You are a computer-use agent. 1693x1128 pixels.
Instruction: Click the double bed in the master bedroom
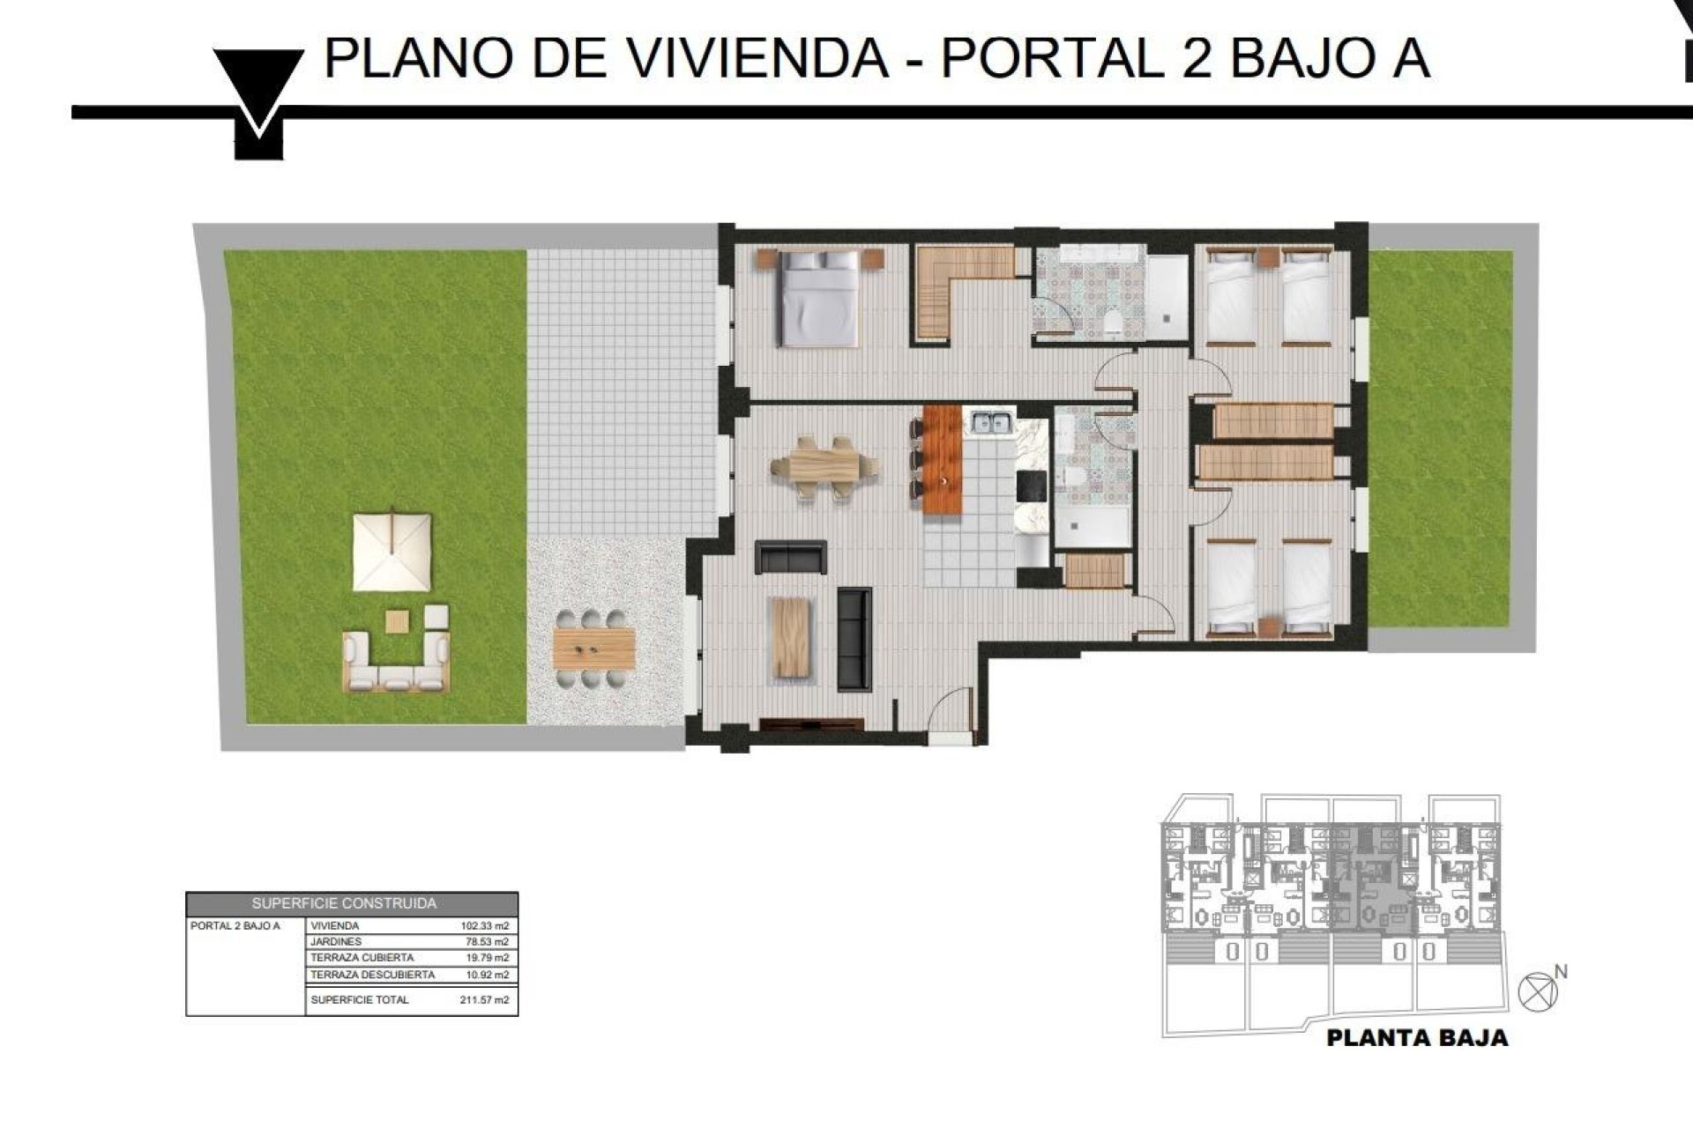point(819,297)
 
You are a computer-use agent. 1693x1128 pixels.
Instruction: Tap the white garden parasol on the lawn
point(392,552)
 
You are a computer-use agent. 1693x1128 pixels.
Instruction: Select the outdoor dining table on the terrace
point(594,649)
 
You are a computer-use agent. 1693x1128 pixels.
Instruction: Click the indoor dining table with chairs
point(824,466)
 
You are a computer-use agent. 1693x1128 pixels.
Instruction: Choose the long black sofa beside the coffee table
point(854,639)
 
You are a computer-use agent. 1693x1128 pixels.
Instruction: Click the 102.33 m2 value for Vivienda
point(484,926)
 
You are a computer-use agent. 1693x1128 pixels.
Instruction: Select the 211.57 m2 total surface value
point(484,1000)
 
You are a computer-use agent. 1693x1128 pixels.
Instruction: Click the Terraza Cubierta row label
point(362,958)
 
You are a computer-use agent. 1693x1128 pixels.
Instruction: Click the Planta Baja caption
point(1417,1038)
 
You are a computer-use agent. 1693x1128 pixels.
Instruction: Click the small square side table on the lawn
point(398,620)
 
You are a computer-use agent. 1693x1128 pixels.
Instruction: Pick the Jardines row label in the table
point(336,942)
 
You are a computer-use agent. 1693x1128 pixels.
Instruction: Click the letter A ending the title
point(1409,58)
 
